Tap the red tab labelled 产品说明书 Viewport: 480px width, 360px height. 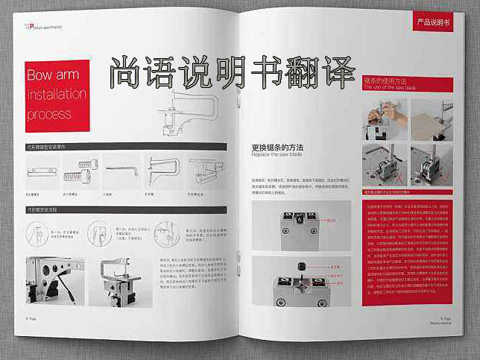(x=434, y=23)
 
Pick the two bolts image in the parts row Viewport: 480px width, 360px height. (x=80, y=172)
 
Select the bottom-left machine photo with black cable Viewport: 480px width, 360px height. (x=57, y=283)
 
